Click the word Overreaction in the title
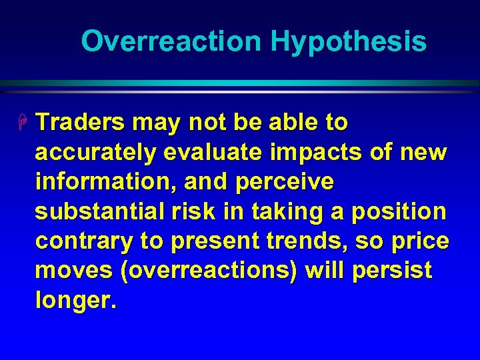172,41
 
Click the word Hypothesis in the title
348,41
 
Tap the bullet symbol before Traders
24,123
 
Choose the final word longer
75,301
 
